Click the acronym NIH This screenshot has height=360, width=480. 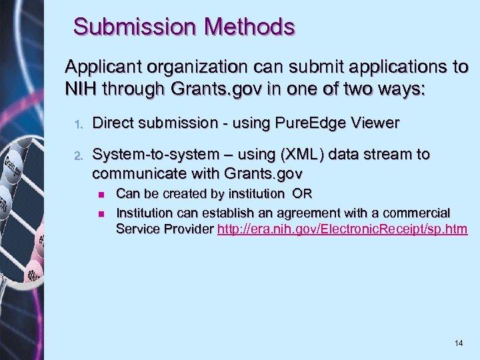pyautogui.click(x=79, y=88)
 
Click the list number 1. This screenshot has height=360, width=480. pyautogui.click(x=77, y=124)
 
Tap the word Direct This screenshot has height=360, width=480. pyautogui.click(x=112, y=123)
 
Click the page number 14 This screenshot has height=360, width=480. pyautogui.click(x=458, y=343)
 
